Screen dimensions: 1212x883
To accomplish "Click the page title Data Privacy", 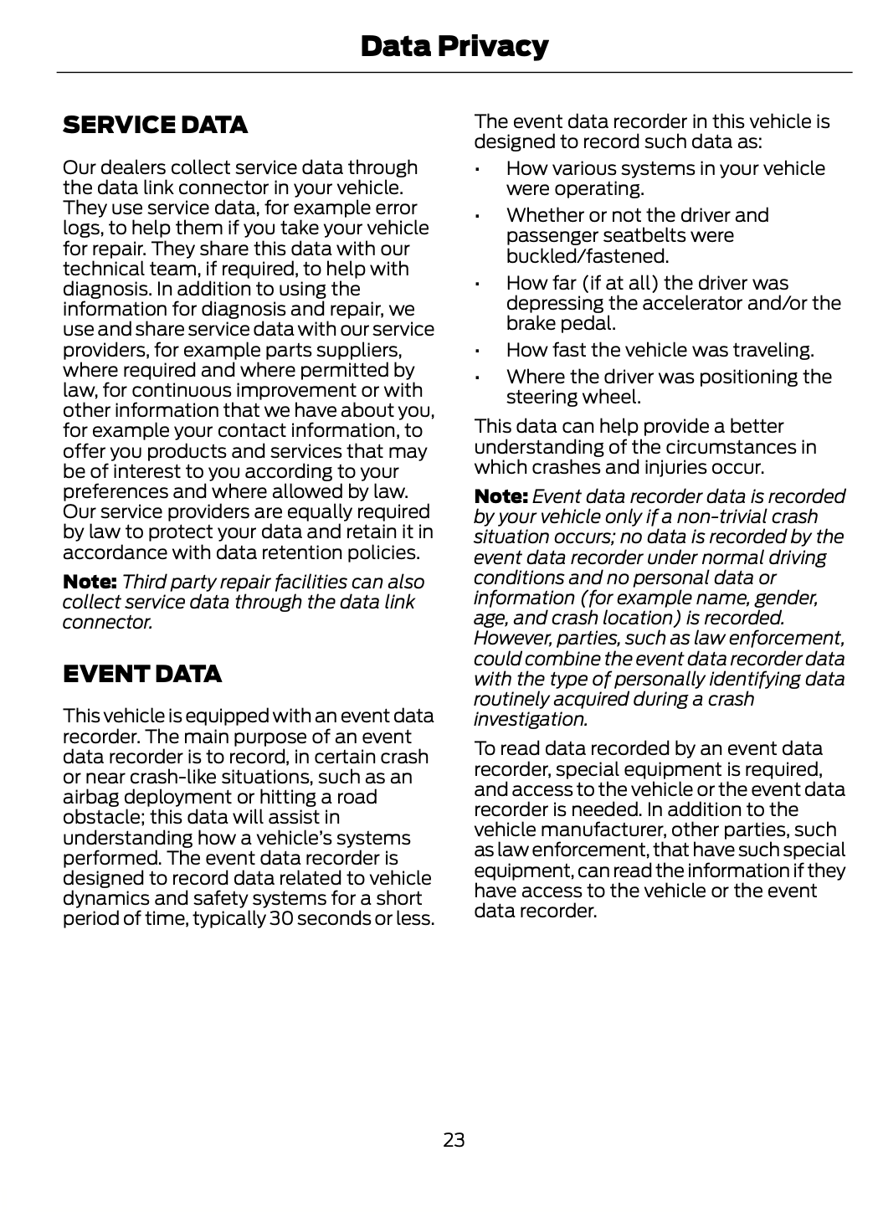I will coord(454,46).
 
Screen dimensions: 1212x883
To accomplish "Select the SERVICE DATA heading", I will coord(155,126).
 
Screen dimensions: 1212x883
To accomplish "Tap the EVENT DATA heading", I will coord(142,674).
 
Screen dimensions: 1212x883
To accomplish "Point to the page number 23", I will coord(454,1139).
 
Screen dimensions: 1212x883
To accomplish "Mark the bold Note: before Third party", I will coord(90,582).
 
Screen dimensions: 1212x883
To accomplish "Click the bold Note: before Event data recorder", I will coord(501,497).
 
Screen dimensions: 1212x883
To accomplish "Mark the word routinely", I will coord(512,699).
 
